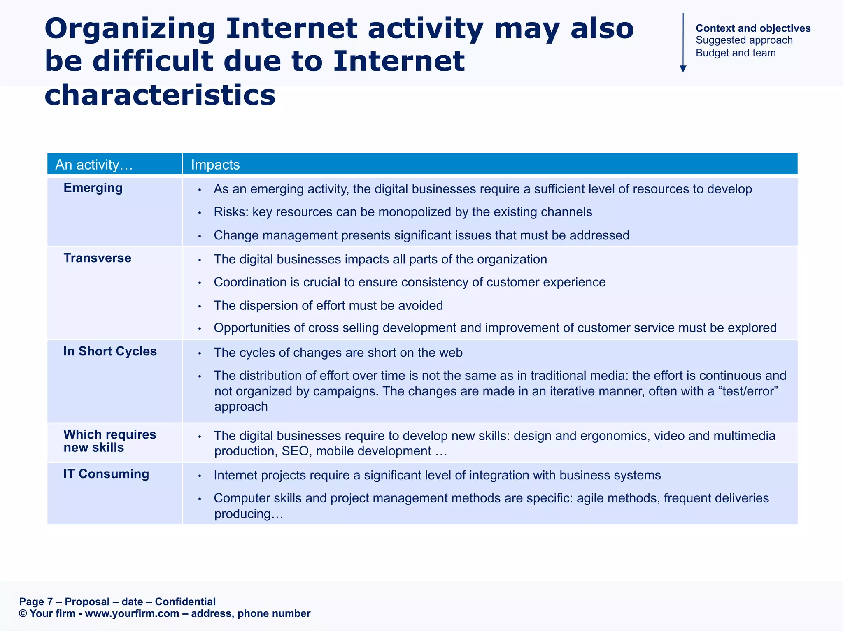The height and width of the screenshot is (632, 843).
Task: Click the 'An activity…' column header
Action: (94, 165)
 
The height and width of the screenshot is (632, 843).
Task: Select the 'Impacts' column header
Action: (215, 165)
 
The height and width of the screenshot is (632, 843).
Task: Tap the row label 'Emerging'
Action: (93, 188)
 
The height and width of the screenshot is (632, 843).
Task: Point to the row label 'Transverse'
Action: (97, 258)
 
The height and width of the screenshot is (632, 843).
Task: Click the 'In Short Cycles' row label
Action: (110, 351)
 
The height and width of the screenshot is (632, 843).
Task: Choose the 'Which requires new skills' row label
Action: (109, 441)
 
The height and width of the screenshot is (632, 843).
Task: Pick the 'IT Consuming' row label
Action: (106, 474)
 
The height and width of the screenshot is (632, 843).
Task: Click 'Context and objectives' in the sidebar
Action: (753, 28)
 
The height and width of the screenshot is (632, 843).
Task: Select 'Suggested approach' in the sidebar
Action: (744, 40)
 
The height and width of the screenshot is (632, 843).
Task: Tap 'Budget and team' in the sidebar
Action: (736, 53)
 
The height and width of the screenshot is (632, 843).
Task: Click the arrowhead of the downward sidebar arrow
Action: (683, 69)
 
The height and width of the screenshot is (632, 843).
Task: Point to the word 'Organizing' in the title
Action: (130, 29)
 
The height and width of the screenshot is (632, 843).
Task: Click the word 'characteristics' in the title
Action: (160, 95)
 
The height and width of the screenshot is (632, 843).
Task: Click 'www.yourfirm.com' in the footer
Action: (132, 614)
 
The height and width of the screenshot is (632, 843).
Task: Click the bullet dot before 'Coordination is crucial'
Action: (199, 283)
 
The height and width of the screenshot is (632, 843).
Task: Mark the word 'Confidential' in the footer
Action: (185, 602)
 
